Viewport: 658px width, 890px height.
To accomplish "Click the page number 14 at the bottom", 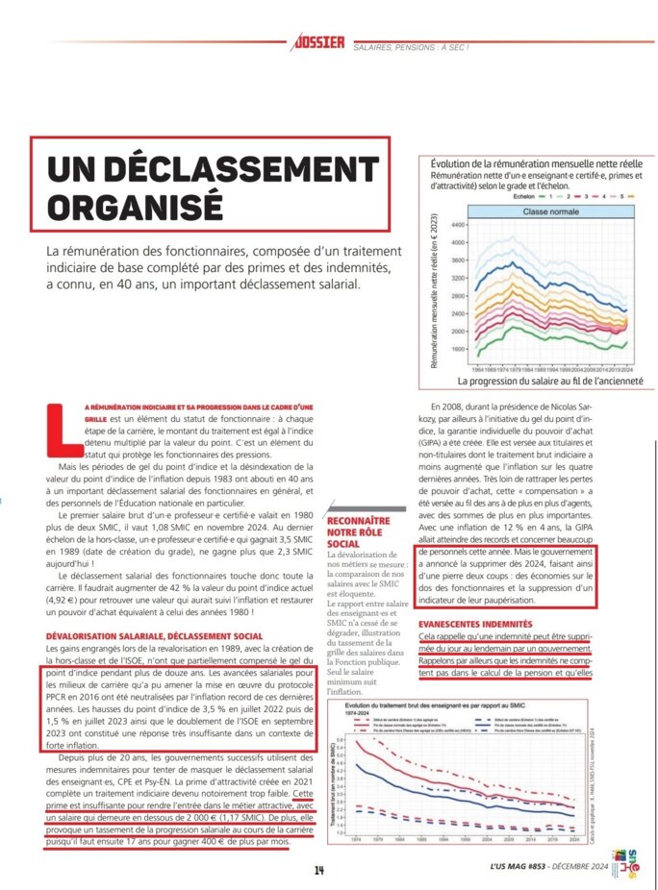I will (319, 870).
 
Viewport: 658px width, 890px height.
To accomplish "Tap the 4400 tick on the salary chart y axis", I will (457, 224).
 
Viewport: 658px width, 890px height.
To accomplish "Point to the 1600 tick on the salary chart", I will (457, 349).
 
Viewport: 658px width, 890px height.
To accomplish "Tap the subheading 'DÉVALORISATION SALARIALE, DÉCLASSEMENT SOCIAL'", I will (154, 637).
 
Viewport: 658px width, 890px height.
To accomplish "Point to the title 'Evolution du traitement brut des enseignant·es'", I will (433, 706).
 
